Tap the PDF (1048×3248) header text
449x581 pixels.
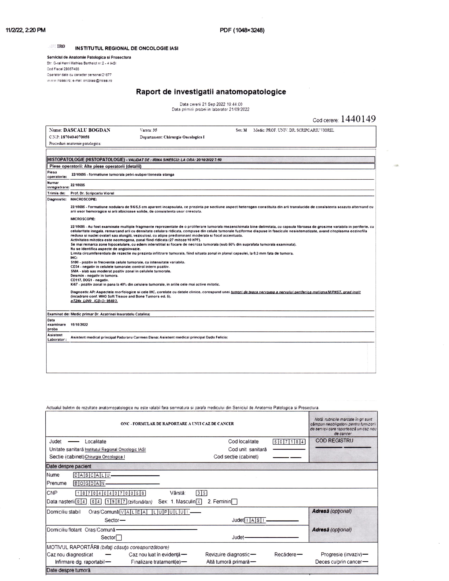[242, 30]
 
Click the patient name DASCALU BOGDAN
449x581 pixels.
[86, 130]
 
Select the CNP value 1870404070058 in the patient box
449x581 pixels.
[75, 137]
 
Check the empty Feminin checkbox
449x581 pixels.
[234, 502]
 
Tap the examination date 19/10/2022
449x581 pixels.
[79, 324]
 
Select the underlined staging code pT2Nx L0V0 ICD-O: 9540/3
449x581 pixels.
[94, 301]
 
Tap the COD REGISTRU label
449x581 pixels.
[334, 441]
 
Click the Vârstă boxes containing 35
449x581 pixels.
[201, 493]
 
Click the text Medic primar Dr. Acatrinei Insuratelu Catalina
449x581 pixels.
[110, 314]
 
